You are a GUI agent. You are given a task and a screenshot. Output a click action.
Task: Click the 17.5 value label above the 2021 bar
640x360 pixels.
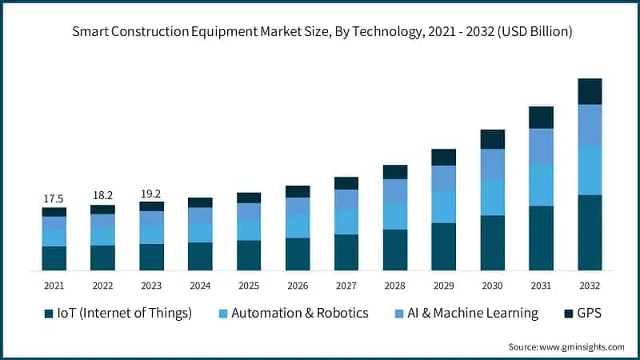click(54, 198)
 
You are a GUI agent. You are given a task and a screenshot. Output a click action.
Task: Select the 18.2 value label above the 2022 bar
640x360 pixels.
click(102, 195)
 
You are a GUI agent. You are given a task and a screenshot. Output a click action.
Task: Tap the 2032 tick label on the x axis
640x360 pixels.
click(590, 286)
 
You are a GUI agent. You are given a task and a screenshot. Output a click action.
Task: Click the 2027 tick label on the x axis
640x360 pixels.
click(346, 286)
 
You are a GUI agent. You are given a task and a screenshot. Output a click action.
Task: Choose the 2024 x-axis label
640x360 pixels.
click(200, 286)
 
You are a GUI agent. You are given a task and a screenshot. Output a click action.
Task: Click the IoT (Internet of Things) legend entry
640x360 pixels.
click(118, 313)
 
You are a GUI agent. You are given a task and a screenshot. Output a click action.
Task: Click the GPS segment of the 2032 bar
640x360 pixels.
click(590, 91)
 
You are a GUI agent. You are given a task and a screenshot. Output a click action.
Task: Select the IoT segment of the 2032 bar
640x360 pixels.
click(590, 232)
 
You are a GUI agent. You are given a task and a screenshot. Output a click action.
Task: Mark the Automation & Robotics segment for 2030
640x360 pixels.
click(492, 197)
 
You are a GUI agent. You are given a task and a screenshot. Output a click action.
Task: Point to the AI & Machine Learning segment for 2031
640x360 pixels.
click(541, 146)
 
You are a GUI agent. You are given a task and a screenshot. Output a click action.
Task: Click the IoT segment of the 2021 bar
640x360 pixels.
click(54, 258)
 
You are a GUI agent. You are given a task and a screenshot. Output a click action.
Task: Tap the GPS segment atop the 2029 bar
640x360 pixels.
click(443, 157)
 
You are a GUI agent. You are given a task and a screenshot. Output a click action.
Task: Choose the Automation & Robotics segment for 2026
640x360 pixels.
click(298, 226)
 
